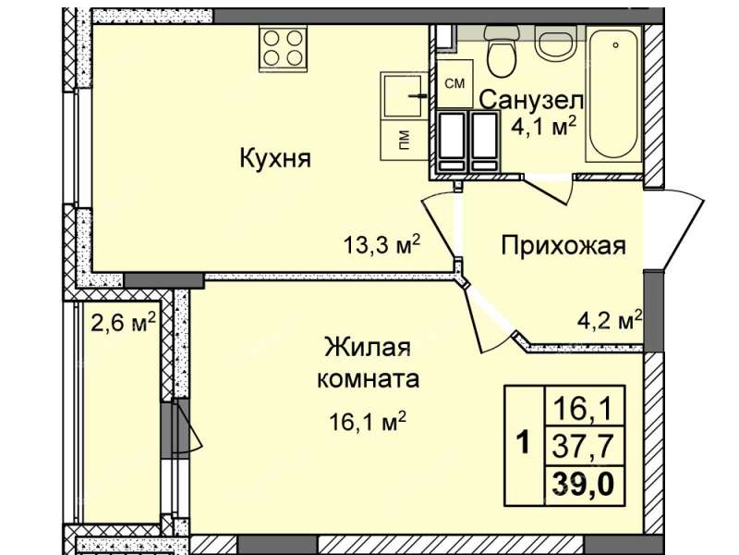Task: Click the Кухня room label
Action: [275, 158]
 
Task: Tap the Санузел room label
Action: [532, 101]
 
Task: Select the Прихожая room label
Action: [563, 246]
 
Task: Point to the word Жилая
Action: [368, 348]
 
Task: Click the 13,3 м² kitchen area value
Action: [382, 245]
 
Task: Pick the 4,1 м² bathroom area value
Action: [544, 126]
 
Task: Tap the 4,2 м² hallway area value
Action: [610, 321]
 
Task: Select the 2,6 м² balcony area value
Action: [123, 323]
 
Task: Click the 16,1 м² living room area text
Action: [368, 422]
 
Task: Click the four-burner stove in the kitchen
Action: [283, 48]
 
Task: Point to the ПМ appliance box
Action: [404, 140]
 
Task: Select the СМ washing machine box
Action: [454, 83]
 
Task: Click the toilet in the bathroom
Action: [503, 51]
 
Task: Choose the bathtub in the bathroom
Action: [614, 95]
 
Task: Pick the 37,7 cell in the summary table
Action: [585, 447]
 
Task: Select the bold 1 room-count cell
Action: [524, 445]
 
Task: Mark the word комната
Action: [368, 379]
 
